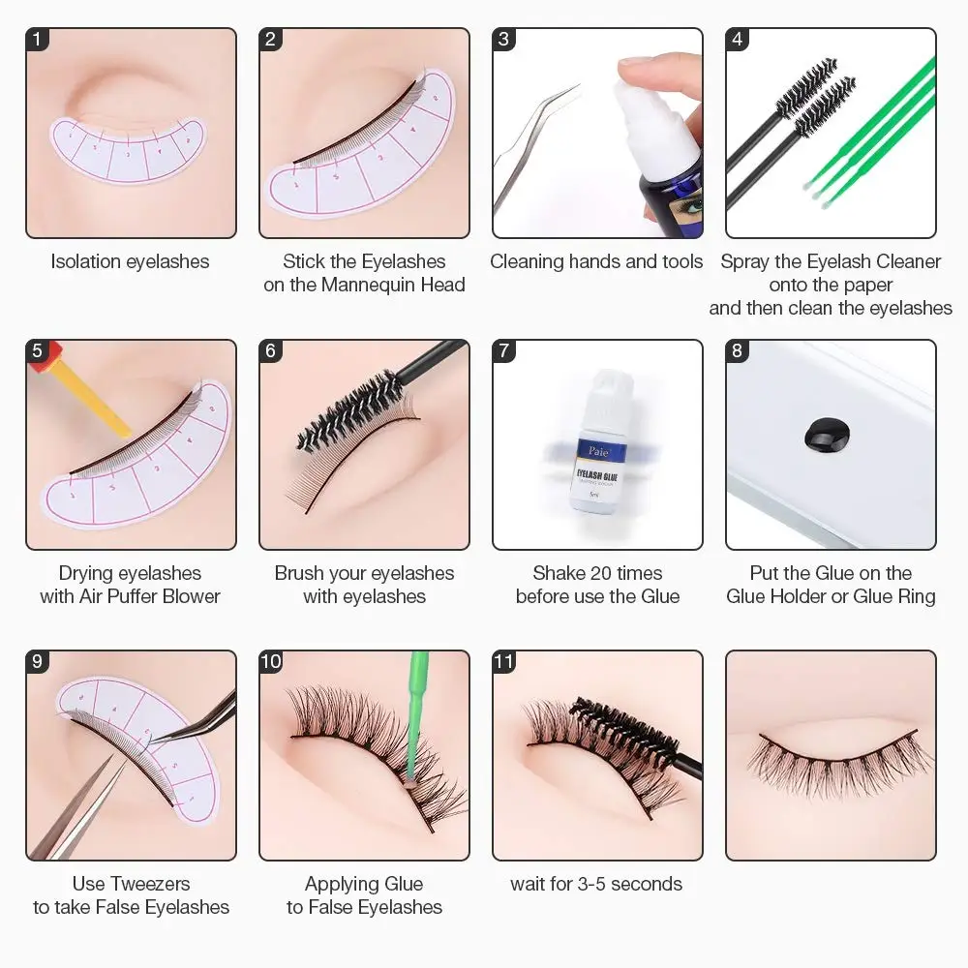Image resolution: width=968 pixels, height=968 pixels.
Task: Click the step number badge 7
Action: point(503,350)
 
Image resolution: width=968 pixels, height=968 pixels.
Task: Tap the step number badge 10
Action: point(271,662)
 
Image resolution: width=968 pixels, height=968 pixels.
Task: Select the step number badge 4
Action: point(737,39)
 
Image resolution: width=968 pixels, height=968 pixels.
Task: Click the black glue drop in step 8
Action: point(827,435)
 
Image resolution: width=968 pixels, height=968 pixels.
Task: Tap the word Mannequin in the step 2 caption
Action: point(369,285)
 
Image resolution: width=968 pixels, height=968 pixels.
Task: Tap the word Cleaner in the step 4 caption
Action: point(908,261)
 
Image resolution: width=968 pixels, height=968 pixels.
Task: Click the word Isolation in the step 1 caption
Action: point(86,261)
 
